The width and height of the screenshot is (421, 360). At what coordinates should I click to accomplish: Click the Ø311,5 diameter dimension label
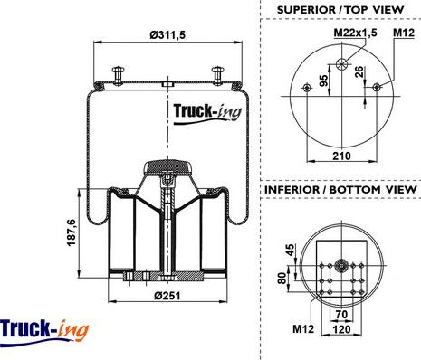[x=167, y=35]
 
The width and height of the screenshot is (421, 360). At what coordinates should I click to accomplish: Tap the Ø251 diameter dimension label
[x=167, y=296]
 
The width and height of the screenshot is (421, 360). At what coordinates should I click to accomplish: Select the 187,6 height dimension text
[x=72, y=232]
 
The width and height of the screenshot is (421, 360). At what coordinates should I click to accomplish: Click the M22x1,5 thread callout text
[x=356, y=33]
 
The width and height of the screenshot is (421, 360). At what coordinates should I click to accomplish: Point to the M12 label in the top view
[x=404, y=33]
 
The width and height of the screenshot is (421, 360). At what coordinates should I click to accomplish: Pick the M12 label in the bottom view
[x=303, y=328]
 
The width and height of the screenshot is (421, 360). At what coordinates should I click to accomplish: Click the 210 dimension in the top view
[x=341, y=156]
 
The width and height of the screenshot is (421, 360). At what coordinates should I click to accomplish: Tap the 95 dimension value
[x=323, y=81]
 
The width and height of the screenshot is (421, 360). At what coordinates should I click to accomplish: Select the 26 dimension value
[x=359, y=71]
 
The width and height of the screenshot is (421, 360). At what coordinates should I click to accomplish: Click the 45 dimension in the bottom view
[x=290, y=250]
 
